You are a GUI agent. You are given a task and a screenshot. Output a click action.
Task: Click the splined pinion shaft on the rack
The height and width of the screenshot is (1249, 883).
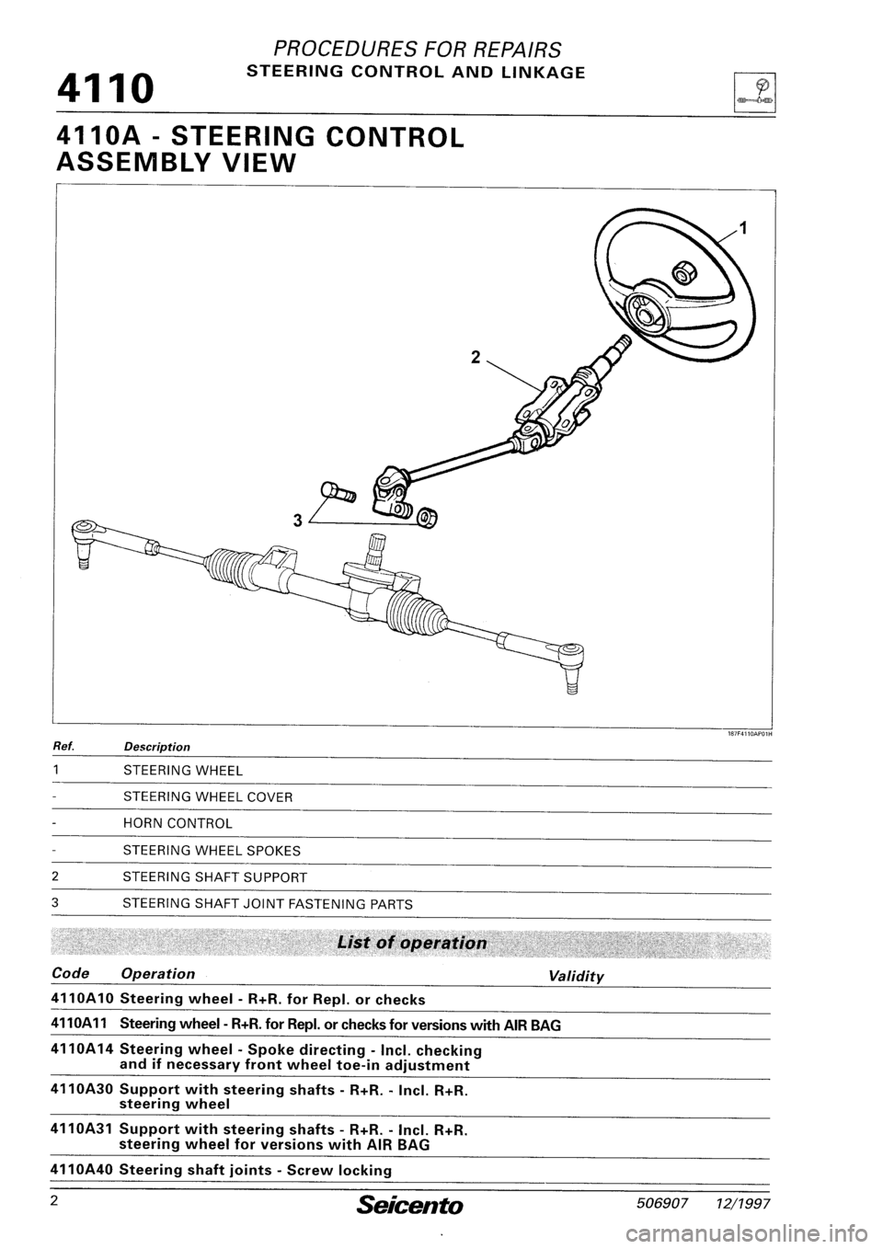tap(375, 552)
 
